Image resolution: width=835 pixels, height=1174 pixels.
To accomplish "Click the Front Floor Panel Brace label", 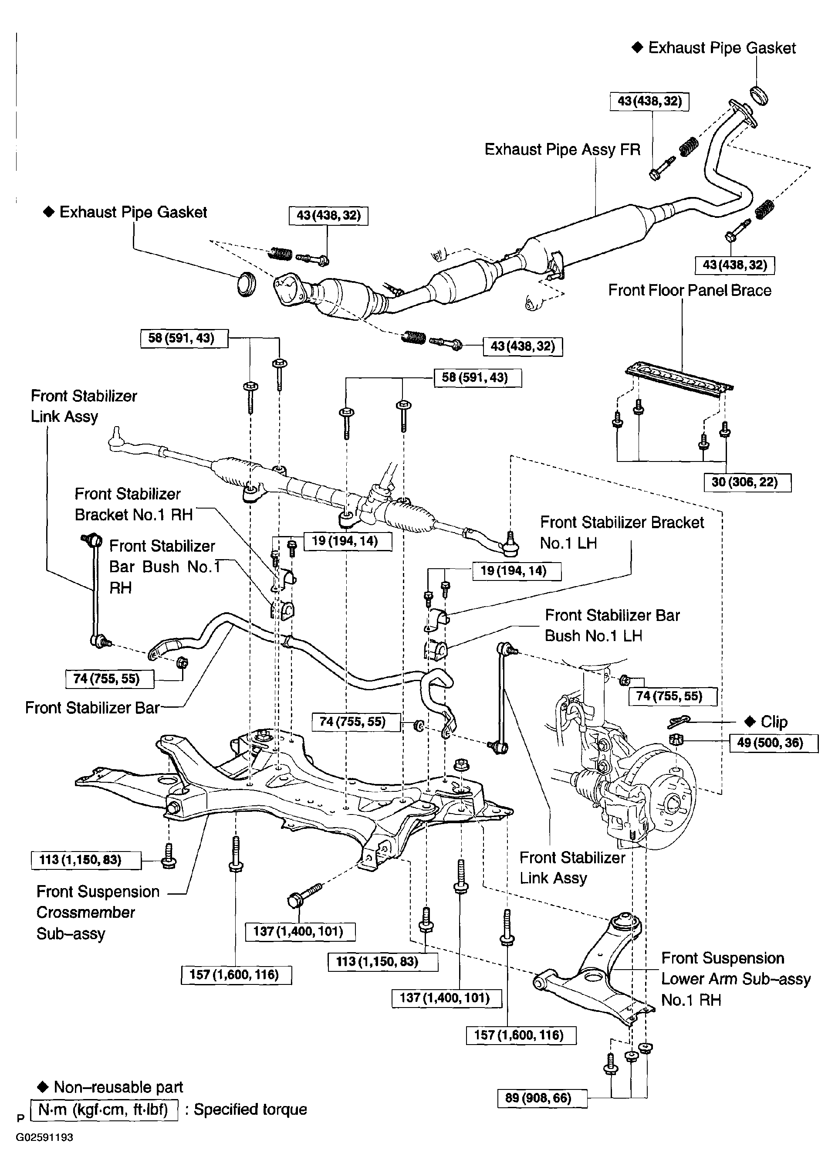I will (x=690, y=290).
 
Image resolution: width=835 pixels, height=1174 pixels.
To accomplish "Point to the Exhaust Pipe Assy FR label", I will (x=562, y=150).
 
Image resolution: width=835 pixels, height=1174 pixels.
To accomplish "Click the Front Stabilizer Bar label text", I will (x=92, y=708).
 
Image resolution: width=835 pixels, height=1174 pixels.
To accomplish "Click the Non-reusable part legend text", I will (x=118, y=1087).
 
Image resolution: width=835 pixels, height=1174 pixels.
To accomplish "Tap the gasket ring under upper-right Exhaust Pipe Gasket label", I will (x=759, y=96).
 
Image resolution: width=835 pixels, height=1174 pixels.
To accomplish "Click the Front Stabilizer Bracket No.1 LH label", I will (x=621, y=533).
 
